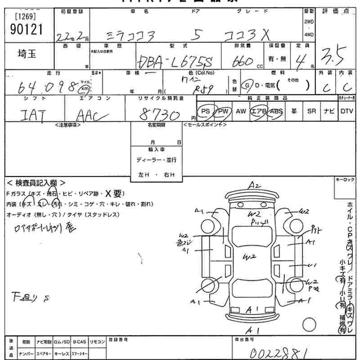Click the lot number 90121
[x=26, y=30]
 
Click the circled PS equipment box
[x=206, y=111]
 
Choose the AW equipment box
[x=241, y=111]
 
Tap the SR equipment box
[x=311, y=111]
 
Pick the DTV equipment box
[x=346, y=111]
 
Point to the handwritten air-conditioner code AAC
[x=92, y=116]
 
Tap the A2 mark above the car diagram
[x=255, y=185]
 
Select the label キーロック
[x=345, y=180]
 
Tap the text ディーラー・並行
[x=157, y=160]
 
